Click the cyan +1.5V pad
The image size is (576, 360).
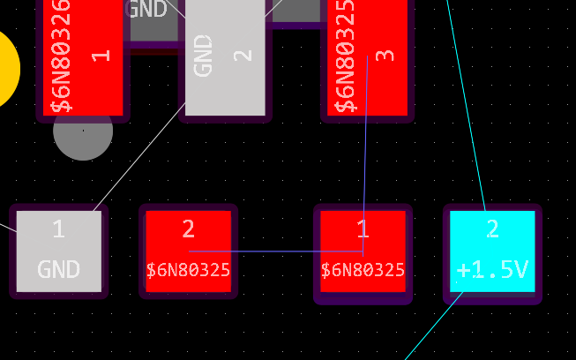click(492, 251)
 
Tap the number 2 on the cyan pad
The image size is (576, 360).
click(492, 230)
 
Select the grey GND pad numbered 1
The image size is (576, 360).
click(59, 251)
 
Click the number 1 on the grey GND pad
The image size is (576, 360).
click(58, 230)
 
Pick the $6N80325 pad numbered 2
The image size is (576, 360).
click(188, 251)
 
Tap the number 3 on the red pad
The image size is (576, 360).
click(385, 55)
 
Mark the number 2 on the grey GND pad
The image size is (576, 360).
click(243, 55)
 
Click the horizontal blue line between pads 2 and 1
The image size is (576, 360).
click(273, 251)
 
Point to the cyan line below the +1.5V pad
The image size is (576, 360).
click(432, 326)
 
